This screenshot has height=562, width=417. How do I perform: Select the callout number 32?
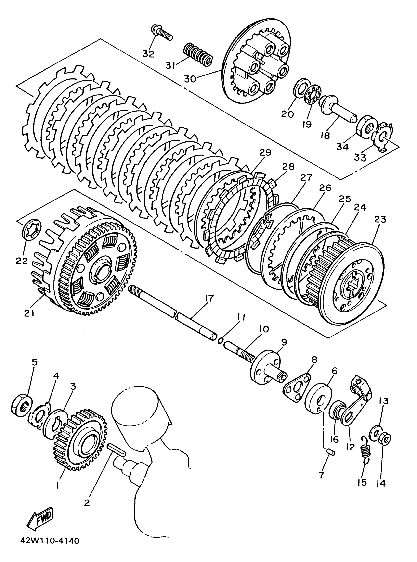[148, 54]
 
